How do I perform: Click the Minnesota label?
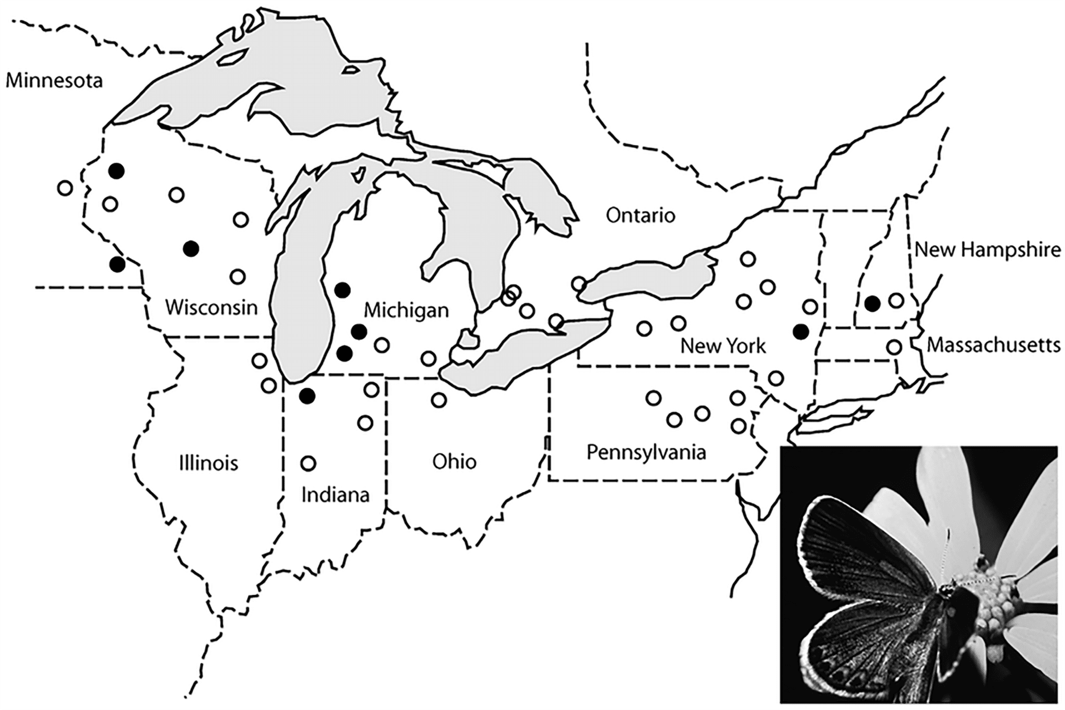coord(54,81)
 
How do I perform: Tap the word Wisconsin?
coord(211,308)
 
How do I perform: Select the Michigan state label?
coord(406,310)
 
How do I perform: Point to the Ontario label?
coord(640,215)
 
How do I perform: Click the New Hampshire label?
coord(988,250)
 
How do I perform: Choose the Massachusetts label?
coord(994,345)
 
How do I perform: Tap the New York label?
coord(723,346)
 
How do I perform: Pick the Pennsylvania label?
coord(646,452)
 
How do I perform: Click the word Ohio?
coord(454,462)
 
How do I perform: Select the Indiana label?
coord(335,495)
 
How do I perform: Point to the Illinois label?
coord(208,463)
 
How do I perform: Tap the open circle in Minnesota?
coord(64,188)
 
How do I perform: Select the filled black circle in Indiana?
coord(307,396)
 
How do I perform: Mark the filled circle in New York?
coord(801,331)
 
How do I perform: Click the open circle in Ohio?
coord(439,400)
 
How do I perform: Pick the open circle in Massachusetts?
coord(894,347)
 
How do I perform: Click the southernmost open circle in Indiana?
coord(308,463)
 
